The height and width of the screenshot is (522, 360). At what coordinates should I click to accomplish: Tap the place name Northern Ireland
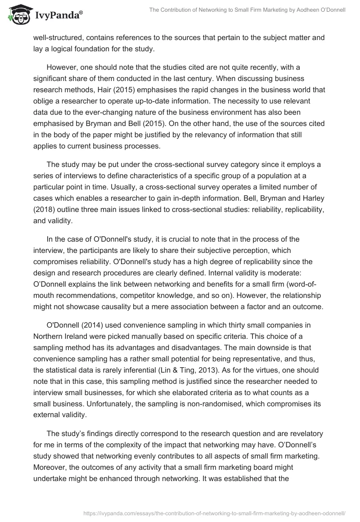[60, 337]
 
